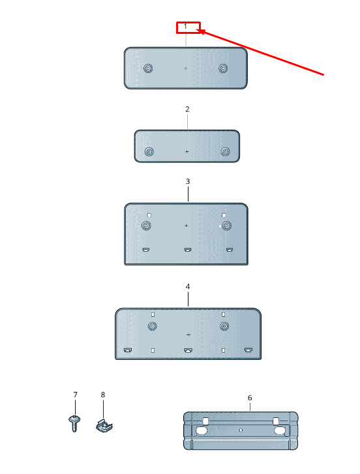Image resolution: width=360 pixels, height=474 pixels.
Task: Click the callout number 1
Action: click(x=185, y=27)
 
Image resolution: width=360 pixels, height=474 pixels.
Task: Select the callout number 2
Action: click(x=187, y=109)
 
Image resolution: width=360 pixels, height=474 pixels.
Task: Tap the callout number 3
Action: click(x=188, y=181)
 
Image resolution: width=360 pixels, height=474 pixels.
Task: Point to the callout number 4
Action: click(x=188, y=287)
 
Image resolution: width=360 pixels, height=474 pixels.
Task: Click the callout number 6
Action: click(x=250, y=398)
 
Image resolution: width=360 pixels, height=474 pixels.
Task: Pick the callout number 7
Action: click(x=75, y=395)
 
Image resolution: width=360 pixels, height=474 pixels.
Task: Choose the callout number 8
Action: click(x=103, y=395)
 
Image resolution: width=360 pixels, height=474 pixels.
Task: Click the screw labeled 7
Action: click(x=74, y=424)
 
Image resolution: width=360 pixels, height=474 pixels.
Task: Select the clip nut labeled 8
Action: click(x=104, y=425)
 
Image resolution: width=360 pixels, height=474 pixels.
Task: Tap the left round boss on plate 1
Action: click(x=148, y=68)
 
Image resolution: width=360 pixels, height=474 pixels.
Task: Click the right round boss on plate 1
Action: click(x=223, y=68)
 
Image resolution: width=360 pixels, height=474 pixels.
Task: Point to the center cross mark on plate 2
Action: click(x=187, y=151)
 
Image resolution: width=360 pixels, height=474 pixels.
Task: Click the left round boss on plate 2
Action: click(x=149, y=151)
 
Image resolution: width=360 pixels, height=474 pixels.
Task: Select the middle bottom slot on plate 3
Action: click(x=188, y=250)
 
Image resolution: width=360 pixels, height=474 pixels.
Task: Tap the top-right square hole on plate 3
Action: click(x=224, y=215)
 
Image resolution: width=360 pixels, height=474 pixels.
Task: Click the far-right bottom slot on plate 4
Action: click(x=248, y=350)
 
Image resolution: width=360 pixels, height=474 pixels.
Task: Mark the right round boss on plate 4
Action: click(x=224, y=326)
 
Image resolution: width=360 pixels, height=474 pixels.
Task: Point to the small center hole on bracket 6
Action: click(x=241, y=430)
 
